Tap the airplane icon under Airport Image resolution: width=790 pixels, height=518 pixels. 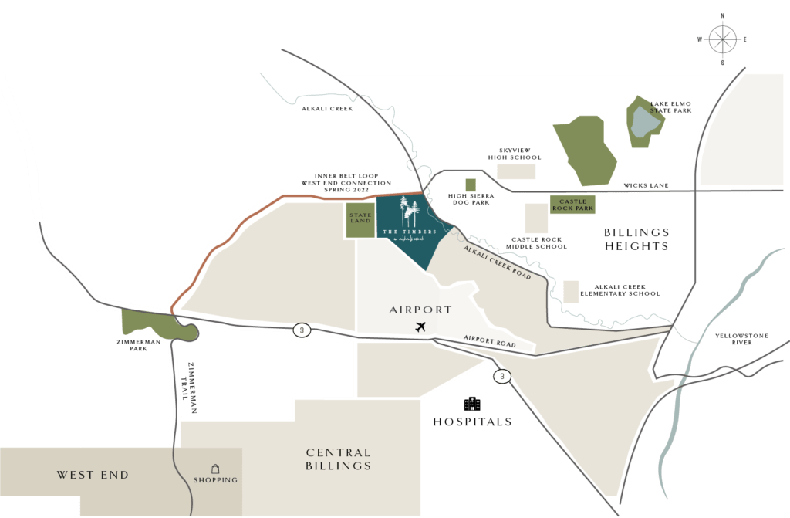coord(420,327)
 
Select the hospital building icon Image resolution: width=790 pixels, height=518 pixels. coord(471,403)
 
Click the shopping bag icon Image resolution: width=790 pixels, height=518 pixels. coord(216,468)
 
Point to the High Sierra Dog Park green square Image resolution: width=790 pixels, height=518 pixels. coord(471,184)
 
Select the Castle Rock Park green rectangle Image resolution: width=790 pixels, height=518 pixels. coord(572,205)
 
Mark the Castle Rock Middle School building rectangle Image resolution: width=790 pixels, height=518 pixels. coord(536,218)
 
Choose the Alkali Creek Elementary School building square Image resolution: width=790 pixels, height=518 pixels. coord(571,291)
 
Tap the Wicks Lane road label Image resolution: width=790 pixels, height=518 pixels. coord(647,185)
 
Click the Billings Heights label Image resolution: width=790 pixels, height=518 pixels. coord(636,239)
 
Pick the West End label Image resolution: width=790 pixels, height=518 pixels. coord(92,475)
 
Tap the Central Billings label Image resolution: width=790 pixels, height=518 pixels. coord(339,459)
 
